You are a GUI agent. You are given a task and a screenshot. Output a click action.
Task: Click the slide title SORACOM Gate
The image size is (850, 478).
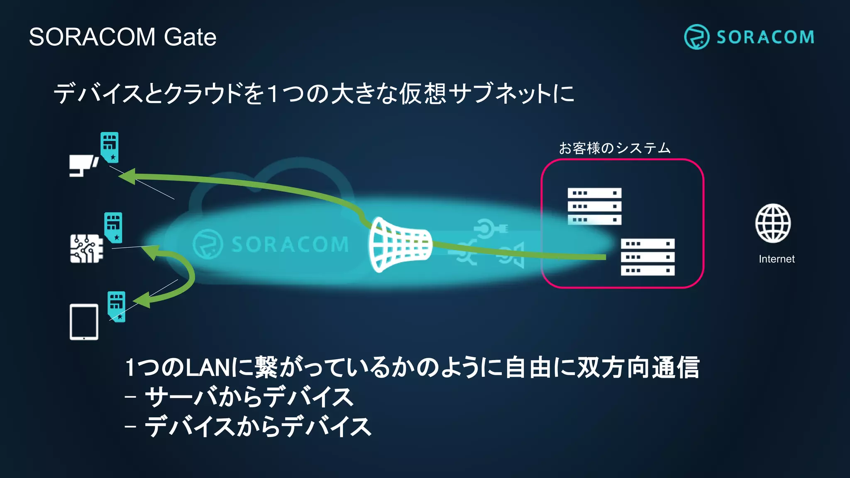(122, 37)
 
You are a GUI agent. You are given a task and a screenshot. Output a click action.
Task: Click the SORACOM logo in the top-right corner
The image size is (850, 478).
(749, 37)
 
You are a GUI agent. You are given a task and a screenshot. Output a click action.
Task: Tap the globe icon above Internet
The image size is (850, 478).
(773, 223)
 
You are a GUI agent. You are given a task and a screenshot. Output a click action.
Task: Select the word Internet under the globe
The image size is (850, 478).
(777, 259)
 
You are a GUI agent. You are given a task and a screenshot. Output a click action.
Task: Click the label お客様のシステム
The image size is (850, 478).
(614, 148)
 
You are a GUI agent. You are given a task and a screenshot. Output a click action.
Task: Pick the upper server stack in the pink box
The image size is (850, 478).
(594, 206)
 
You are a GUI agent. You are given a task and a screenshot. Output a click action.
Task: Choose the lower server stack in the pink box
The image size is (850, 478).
(647, 257)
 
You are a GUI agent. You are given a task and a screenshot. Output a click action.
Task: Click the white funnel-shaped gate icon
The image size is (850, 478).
(399, 244)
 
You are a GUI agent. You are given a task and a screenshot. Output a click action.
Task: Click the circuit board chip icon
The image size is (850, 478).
(86, 249)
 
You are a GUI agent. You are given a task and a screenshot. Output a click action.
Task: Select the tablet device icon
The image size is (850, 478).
(84, 322)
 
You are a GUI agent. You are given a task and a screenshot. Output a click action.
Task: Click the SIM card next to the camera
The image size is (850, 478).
(110, 147)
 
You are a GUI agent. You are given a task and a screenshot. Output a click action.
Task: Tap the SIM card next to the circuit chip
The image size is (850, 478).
(113, 227)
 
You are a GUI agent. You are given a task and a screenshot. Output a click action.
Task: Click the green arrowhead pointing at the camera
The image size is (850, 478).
(128, 176)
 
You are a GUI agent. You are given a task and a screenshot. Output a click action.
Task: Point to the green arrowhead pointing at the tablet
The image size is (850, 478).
(142, 300)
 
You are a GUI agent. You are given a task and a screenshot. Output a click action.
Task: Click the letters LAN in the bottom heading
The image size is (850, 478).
(207, 368)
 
